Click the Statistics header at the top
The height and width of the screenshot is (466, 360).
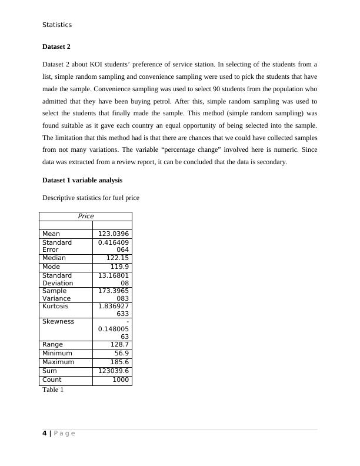click(57, 25)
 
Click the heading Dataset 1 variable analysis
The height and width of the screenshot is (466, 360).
click(82, 180)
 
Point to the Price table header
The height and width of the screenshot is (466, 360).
click(86, 216)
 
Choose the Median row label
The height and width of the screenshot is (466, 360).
click(54, 258)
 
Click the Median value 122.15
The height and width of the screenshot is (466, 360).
click(118, 258)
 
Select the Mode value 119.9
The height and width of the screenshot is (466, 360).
click(120, 267)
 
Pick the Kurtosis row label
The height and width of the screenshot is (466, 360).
click(55, 306)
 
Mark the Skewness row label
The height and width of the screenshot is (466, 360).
click(58, 321)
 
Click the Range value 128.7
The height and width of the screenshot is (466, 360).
click(120, 344)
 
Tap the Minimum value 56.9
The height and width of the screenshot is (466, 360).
click(122, 353)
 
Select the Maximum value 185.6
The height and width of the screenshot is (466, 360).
click(120, 362)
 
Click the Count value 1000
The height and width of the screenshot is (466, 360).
click(121, 380)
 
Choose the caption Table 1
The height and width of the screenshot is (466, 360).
click(53, 390)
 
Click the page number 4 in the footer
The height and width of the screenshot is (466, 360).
click(45, 434)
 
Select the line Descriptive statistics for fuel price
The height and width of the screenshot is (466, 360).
click(91, 198)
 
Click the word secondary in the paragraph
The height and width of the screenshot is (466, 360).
click(270, 162)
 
